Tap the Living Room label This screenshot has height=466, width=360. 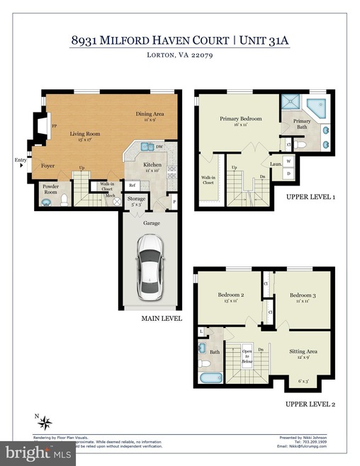(84, 133)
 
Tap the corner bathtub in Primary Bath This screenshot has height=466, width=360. (314, 108)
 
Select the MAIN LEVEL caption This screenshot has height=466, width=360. (162, 319)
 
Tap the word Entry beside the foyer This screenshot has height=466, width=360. (19, 161)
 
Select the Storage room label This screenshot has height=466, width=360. (136, 199)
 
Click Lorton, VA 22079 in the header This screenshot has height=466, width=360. (180, 55)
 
